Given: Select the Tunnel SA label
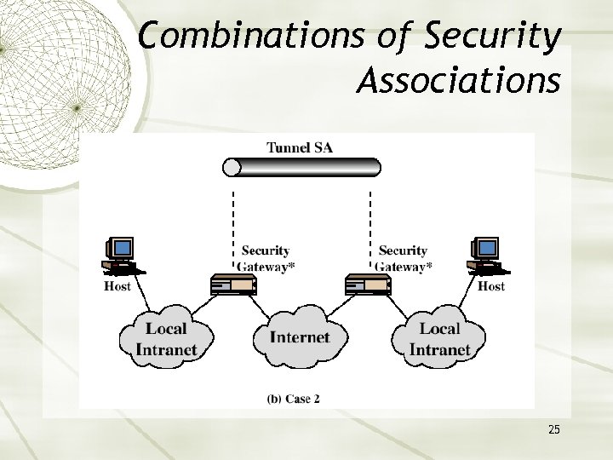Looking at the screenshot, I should [x=300, y=147].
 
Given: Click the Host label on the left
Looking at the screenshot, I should [x=117, y=286].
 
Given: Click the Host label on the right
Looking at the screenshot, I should [x=491, y=286].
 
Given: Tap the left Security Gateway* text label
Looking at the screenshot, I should [x=265, y=258].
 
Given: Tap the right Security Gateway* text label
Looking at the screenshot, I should [x=403, y=258].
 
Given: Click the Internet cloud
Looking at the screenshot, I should [x=300, y=337].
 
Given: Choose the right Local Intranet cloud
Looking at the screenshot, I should [x=439, y=339].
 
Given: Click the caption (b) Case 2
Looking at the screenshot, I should [x=293, y=398].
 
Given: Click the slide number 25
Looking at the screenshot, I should [x=554, y=429].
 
